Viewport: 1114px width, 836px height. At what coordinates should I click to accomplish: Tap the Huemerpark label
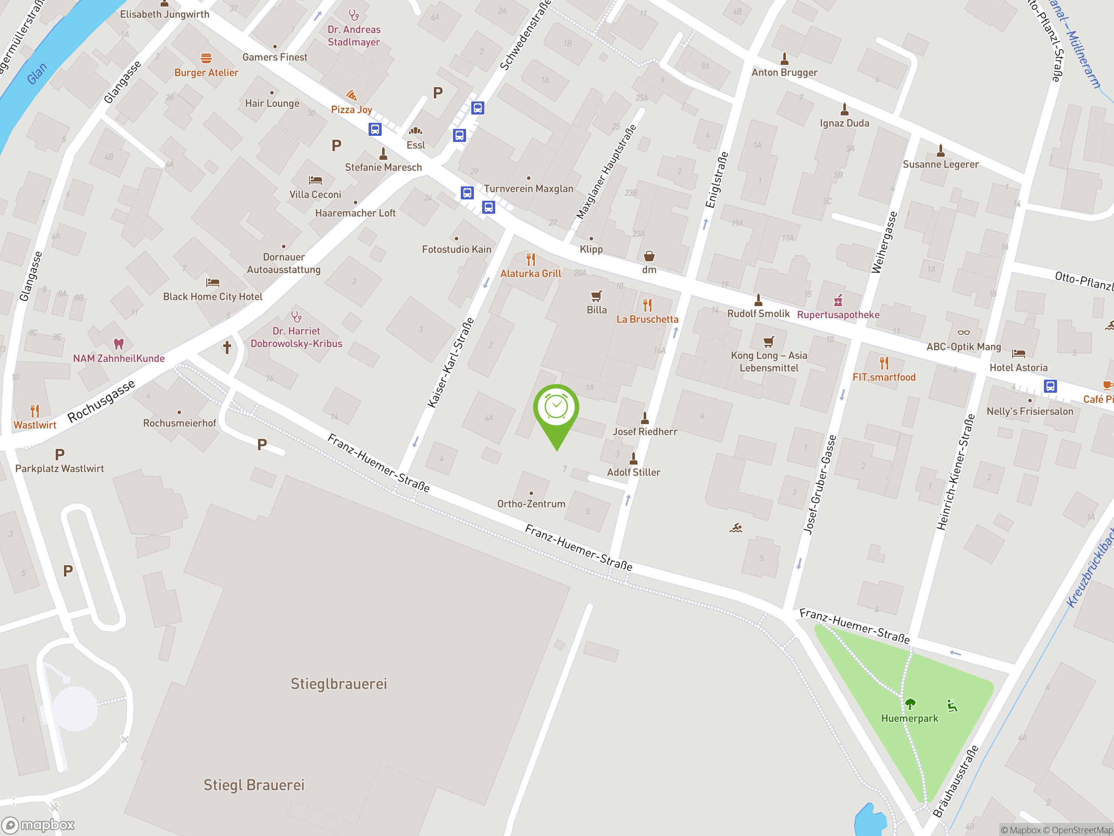pos(909,718)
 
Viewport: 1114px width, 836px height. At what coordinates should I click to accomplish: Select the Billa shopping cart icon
pos(596,296)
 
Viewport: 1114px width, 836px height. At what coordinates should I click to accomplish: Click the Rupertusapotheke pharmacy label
pos(838,315)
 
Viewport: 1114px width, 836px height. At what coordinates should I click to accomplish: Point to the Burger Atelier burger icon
pos(206,58)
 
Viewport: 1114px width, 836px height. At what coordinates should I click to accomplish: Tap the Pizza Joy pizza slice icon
pos(352,95)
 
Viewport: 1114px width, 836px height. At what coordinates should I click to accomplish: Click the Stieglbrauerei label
pos(339,684)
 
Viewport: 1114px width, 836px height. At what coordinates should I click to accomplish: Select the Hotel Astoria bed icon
pos(1018,353)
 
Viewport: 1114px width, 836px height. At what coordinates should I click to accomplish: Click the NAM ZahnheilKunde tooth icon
pos(118,344)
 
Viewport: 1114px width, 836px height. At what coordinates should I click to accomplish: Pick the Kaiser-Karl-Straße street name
pos(451,362)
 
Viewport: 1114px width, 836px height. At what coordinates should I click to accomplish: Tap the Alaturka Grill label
pos(530,273)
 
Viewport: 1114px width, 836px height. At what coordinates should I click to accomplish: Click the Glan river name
pos(36,74)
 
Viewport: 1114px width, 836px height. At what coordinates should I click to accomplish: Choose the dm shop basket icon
pos(649,256)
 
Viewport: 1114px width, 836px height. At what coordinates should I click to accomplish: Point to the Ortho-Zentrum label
pos(531,504)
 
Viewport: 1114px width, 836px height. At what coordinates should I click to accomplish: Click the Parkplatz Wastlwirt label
pos(60,469)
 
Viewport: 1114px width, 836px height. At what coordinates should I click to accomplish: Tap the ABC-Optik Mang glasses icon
pos(963,333)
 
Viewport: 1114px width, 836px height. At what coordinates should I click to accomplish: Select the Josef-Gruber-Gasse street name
pos(819,484)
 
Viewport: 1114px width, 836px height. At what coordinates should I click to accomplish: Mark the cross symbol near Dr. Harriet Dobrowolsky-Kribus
pos(227,347)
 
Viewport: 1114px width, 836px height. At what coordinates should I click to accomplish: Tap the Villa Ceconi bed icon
pos(315,180)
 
